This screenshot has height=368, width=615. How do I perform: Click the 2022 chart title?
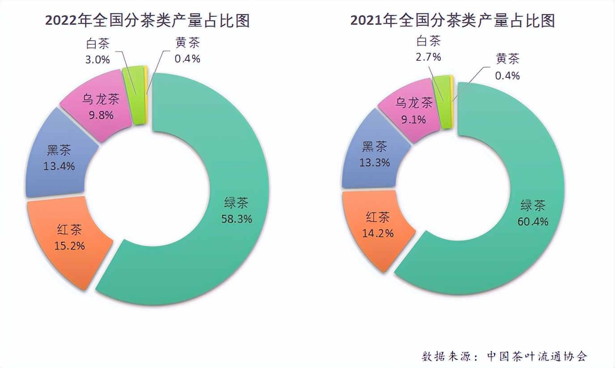[147, 21]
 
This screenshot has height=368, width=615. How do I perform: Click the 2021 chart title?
[453, 21]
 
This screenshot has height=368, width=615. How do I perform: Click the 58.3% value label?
[236, 219]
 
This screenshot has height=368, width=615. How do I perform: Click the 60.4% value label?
[532, 221]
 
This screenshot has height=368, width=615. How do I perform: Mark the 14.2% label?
[378, 233]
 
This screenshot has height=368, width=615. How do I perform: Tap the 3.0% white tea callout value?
[98, 60]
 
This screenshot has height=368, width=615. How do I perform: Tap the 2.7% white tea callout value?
[428, 57]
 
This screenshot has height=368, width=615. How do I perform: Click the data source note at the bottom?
[504, 356]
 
